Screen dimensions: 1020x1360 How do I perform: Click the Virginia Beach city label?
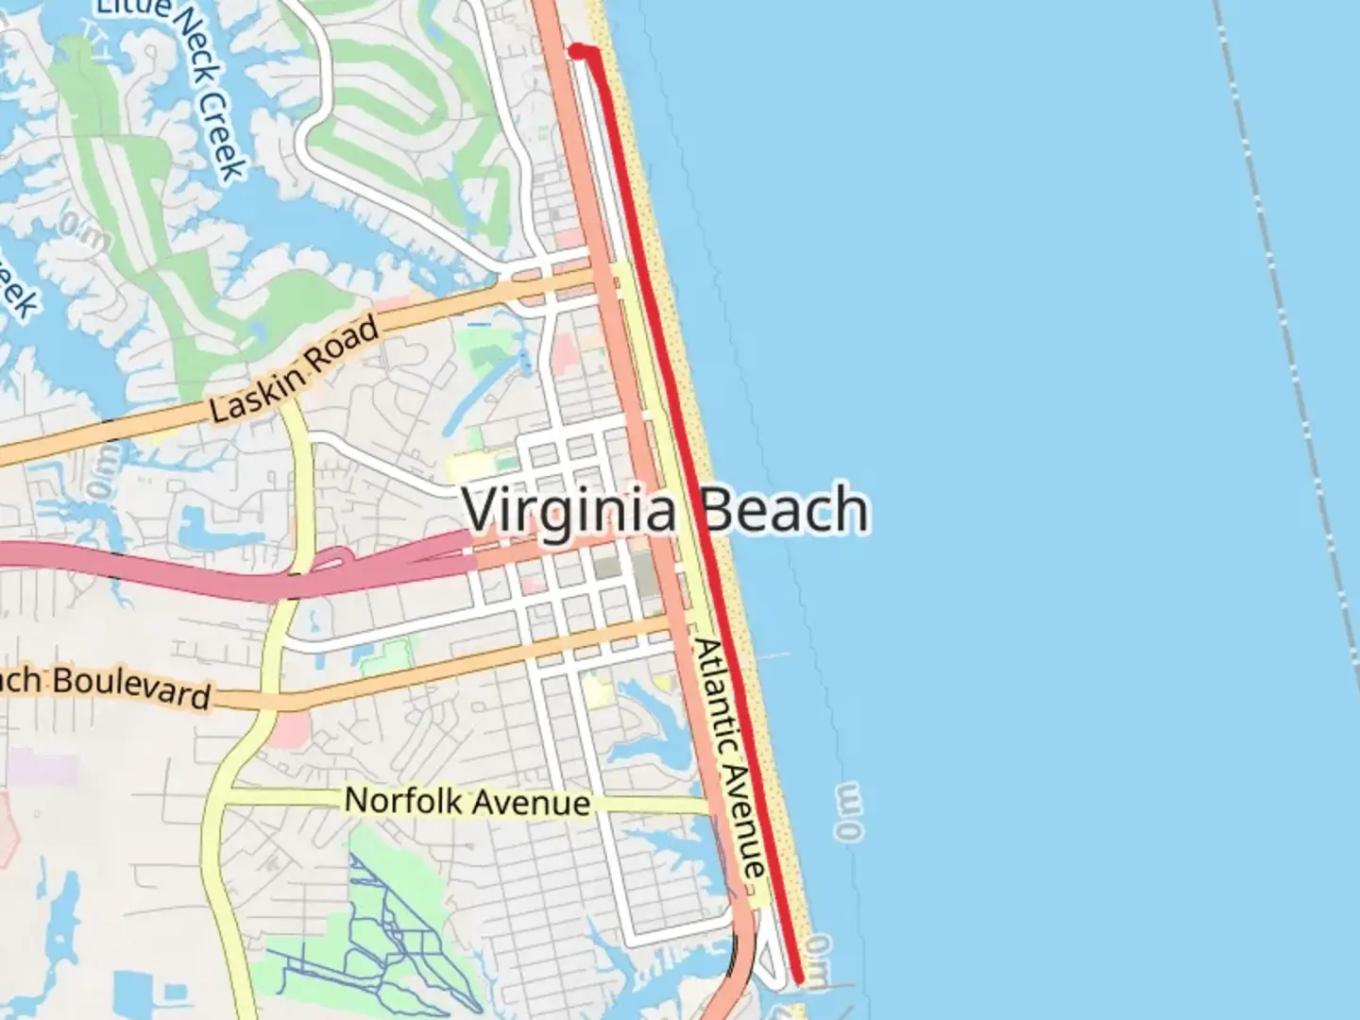pos(665,510)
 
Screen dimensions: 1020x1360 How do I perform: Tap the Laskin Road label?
pos(294,369)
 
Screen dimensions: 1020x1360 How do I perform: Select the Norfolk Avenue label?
pos(467,802)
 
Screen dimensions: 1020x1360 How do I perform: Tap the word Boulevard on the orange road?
pos(132,688)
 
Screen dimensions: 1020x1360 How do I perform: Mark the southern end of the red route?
pos(800,980)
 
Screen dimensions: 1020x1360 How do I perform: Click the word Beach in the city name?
pos(785,510)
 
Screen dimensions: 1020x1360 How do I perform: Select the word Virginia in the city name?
pos(569,511)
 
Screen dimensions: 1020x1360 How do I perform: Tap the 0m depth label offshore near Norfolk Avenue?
pos(849,810)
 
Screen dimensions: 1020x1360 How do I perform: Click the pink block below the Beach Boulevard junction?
pos(293,728)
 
